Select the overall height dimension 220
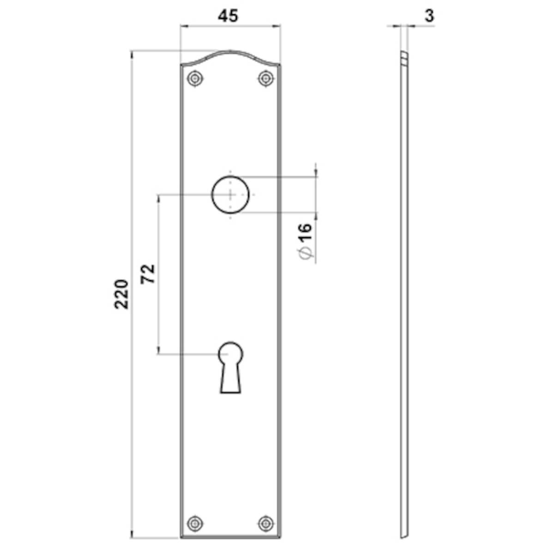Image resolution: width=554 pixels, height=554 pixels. pyautogui.click(x=121, y=294)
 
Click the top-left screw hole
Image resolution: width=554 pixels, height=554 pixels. pyautogui.click(x=196, y=78)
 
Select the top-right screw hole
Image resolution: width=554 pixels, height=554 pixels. pyautogui.click(x=265, y=78)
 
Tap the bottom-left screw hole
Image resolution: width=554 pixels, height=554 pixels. pyautogui.click(x=196, y=523)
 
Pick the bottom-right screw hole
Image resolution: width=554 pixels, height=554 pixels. pyautogui.click(x=265, y=523)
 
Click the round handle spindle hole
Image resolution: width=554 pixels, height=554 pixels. pyautogui.click(x=230, y=194)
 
